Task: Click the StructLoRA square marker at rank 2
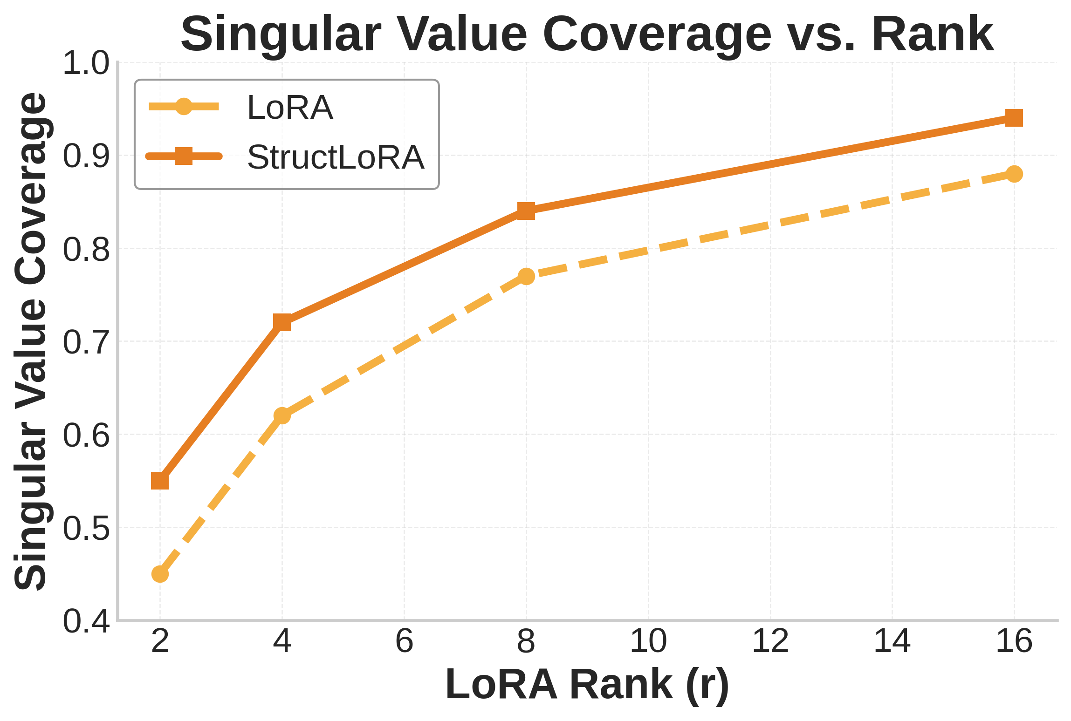click(x=160, y=481)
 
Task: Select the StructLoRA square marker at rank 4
click(x=282, y=322)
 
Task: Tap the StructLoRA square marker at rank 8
click(x=526, y=211)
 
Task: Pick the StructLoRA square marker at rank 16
click(x=1014, y=118)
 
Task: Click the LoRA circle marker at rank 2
click(x=160, y=574)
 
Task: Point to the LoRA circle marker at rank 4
click(x=282, y=415)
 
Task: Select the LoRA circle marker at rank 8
click(x=526, y=276)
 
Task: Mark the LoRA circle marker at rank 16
click(x=1014, y=174)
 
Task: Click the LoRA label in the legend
click(x=290, y=108)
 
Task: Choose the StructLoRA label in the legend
click(x=336, y=157)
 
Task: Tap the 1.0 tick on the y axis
click(x=86, y=63)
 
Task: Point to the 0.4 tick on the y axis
click(x=86, y=621)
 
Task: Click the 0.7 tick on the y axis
click(x=86, y=342)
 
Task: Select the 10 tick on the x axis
click(x=648, y=641)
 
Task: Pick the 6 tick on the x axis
click(x=404, y=641)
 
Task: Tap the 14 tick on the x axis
click(x=892, y=641)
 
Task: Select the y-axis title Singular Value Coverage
click(x=31, y=342)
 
